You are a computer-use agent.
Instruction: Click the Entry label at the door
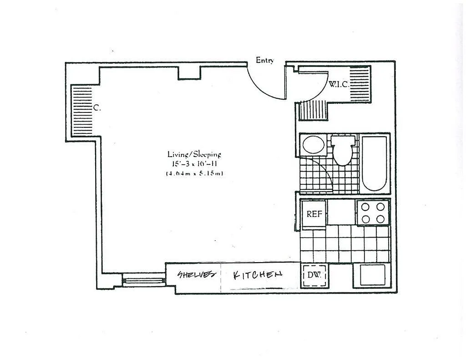pos(264,61)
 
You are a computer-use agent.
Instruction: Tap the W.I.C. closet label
pos(338,84)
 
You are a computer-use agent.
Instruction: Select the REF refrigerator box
pos(314,214)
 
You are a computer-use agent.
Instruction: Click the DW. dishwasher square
pos(314,275)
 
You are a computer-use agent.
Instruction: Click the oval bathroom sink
pos(314,145)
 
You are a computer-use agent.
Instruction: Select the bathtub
pos(374,163)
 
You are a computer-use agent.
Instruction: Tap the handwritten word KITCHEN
pos(258,275)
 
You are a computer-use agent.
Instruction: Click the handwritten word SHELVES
pos(197,274)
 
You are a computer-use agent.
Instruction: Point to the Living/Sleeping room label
pos(194,154)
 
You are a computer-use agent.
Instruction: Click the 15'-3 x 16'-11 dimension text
pos(194,164)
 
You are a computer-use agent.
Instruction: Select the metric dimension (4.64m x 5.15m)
pos(194,173)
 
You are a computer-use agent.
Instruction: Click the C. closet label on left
pos(97,108)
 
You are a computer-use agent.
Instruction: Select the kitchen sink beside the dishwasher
pos(373,275)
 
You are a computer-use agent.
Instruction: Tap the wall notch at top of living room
pos(189,73)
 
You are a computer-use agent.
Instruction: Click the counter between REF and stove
pos(341,212)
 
